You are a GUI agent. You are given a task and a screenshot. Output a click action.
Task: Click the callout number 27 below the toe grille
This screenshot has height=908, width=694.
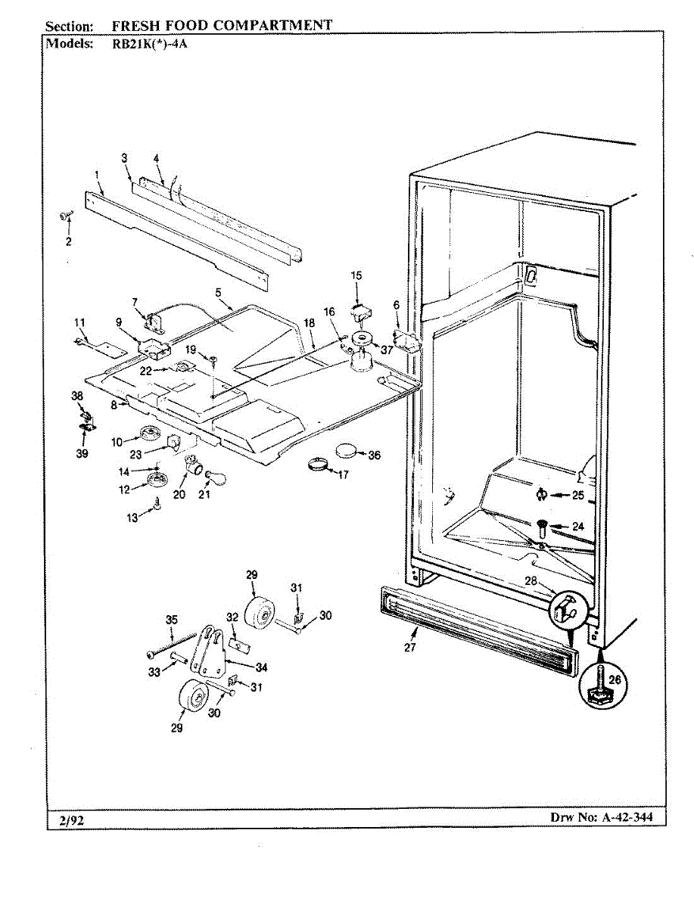point(410,648)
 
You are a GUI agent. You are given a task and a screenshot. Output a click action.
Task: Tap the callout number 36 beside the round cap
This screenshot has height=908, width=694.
point(374,456)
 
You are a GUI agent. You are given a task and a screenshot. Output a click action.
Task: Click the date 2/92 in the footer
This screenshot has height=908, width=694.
point(69,819)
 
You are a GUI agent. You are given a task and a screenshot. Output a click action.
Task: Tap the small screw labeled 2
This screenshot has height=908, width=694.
point(66,216)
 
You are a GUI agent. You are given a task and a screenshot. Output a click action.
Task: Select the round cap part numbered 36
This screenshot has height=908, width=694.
point(347,451)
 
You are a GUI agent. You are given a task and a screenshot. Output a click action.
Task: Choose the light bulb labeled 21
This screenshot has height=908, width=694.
point(215,477)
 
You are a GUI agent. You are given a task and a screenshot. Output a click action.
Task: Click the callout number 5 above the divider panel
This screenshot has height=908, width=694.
point(218,291)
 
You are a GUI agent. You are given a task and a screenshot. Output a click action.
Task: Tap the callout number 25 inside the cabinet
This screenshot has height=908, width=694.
point(577,496)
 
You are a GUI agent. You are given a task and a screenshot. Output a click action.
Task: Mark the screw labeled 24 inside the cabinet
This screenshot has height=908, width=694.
point(542,527)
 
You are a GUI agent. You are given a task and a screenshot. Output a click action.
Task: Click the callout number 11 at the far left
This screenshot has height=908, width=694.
point(79,322)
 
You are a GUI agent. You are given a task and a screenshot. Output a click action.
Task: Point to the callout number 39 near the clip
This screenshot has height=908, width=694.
point(82,454)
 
